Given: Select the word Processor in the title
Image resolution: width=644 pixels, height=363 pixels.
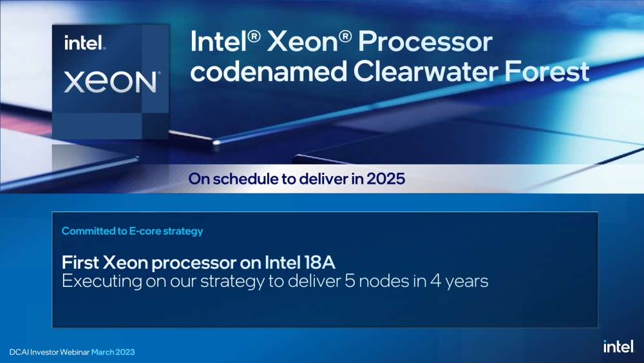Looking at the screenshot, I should pyautogui.click(x=424, y=42).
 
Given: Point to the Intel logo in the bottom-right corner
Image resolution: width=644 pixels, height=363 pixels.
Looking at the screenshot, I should pyautogui.click(x=619, y=346).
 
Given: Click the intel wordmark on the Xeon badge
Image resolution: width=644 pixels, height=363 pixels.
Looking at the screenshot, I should pyautogui.click(x=85, y=44).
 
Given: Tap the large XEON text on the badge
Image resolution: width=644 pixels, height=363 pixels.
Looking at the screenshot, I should pyautogui.click(x=111, y=82).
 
